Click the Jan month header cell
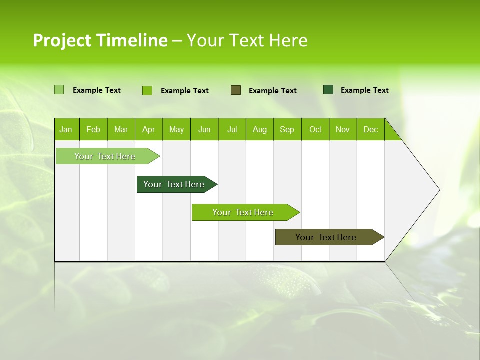66,129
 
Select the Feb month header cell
93,129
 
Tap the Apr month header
149,129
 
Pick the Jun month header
204,129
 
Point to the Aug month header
260,129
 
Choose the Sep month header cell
287,129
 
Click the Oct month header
315,129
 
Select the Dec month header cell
371,129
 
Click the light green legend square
59,90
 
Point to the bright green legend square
147,90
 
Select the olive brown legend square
236,90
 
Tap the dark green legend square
328,90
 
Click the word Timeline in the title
131,40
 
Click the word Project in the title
61,40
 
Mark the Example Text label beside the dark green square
364,90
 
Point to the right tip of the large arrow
439,190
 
